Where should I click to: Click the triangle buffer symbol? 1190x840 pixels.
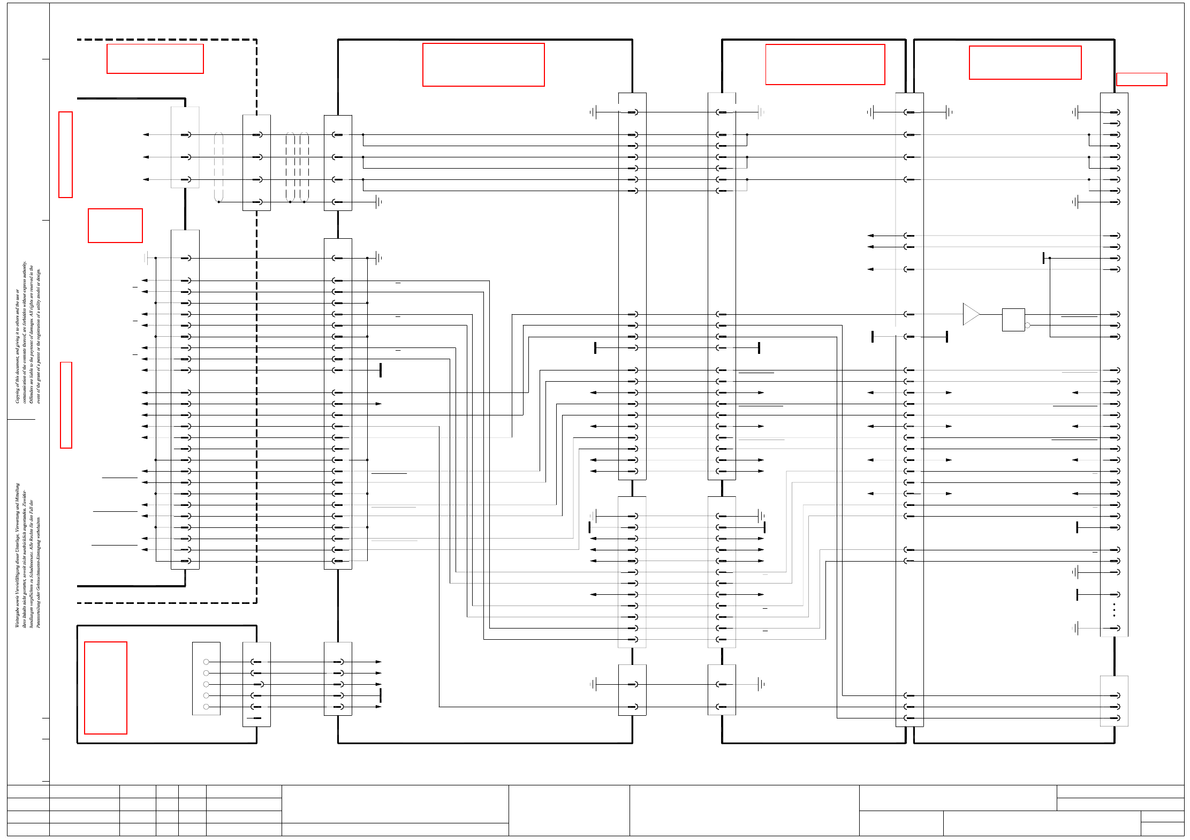[x=970, y=314]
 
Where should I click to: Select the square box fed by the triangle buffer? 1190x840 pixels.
[x=1013, y=320]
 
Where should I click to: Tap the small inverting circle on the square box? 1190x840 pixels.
[x=1027, y=325]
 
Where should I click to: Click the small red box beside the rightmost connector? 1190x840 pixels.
[x=1141, y=79]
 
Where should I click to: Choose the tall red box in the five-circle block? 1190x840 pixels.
[x=105, y=687]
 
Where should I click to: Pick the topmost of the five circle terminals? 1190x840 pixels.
[x=206, y=662]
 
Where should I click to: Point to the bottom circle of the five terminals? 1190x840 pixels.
[x=206, y=707]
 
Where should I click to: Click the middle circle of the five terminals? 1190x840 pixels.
[x=206, y=684]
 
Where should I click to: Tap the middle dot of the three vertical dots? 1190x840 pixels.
[x=1114, y=610]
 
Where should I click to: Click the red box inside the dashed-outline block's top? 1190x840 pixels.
[x=155, y=58]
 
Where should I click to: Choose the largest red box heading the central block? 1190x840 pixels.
[x=483, y=65]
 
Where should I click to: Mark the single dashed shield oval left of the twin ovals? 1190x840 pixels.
[x=218, y=168]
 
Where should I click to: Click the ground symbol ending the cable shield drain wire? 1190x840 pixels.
[x=379, y=202]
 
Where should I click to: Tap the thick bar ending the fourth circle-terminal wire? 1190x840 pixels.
[x=381, y=695]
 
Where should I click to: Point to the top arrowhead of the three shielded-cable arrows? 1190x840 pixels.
[x=146, y=134]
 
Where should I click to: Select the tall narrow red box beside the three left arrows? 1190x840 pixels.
[x=65, y=155]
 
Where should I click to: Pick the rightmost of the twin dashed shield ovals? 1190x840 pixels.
[x=304, y=168]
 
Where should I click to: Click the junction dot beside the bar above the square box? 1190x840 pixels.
[x=1050, y=258]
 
